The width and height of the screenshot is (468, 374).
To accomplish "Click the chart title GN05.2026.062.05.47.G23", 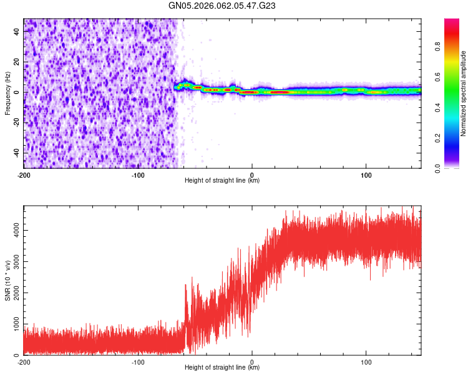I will (222, 6).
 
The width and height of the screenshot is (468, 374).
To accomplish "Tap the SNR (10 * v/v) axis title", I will (7, 280).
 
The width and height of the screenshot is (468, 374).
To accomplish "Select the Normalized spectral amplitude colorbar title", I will (464, 93).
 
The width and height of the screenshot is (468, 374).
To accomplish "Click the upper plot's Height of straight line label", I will (222, 180).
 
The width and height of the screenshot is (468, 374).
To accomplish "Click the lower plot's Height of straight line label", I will (222, 367).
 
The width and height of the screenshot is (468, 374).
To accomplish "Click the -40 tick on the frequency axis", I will (17, 153).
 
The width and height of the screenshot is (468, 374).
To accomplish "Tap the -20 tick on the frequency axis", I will (17, 122).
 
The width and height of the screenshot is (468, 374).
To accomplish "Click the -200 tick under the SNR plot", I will (24, 362).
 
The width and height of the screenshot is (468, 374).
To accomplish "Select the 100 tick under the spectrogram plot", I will (366, 175).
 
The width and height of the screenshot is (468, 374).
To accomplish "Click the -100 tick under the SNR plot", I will (138, 362).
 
